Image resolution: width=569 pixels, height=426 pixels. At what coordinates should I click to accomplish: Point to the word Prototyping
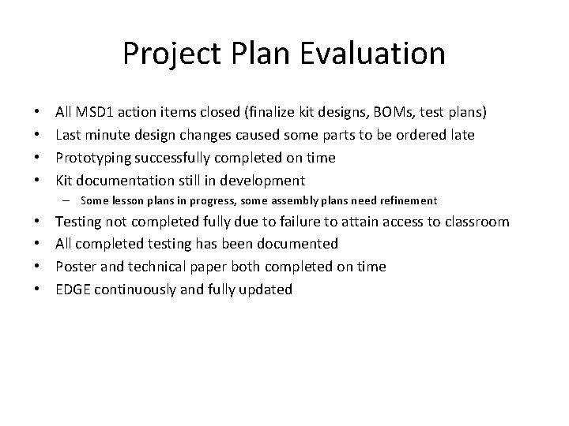[x=91, y=158]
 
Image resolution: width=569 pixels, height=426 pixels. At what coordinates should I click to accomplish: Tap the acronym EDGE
[x=73, y=290]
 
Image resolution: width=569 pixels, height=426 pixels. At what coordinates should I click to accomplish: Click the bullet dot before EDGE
[x=40, y=290]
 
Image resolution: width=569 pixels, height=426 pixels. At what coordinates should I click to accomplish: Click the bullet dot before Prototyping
[x=40, y=158]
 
